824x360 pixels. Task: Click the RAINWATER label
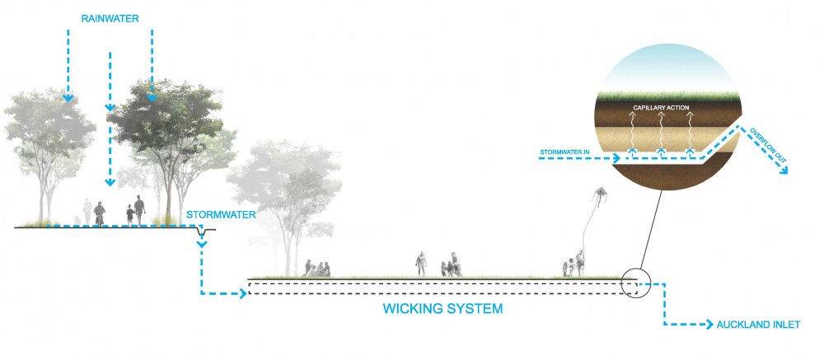tap(110, 19)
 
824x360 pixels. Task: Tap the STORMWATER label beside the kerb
tap(221, 215)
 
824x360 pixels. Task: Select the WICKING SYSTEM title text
tap(442, 308)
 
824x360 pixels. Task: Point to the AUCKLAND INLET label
tap(758, 325)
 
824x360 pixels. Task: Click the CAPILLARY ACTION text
tap(661, 108)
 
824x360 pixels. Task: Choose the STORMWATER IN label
tap(565, 152)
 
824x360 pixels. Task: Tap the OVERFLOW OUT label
tap(767, 143)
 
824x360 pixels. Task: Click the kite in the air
tap(601, 195)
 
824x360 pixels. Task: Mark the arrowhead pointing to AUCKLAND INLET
tap(710, 325)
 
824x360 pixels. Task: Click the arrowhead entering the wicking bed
tap(243, 294)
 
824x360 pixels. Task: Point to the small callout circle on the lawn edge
tap(636, 283)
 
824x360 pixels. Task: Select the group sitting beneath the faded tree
tap(317, 269)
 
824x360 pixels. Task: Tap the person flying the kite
tap(579, 263)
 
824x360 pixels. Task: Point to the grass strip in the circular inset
tap(670, 96)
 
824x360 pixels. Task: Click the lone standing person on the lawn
tap(421, 264)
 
